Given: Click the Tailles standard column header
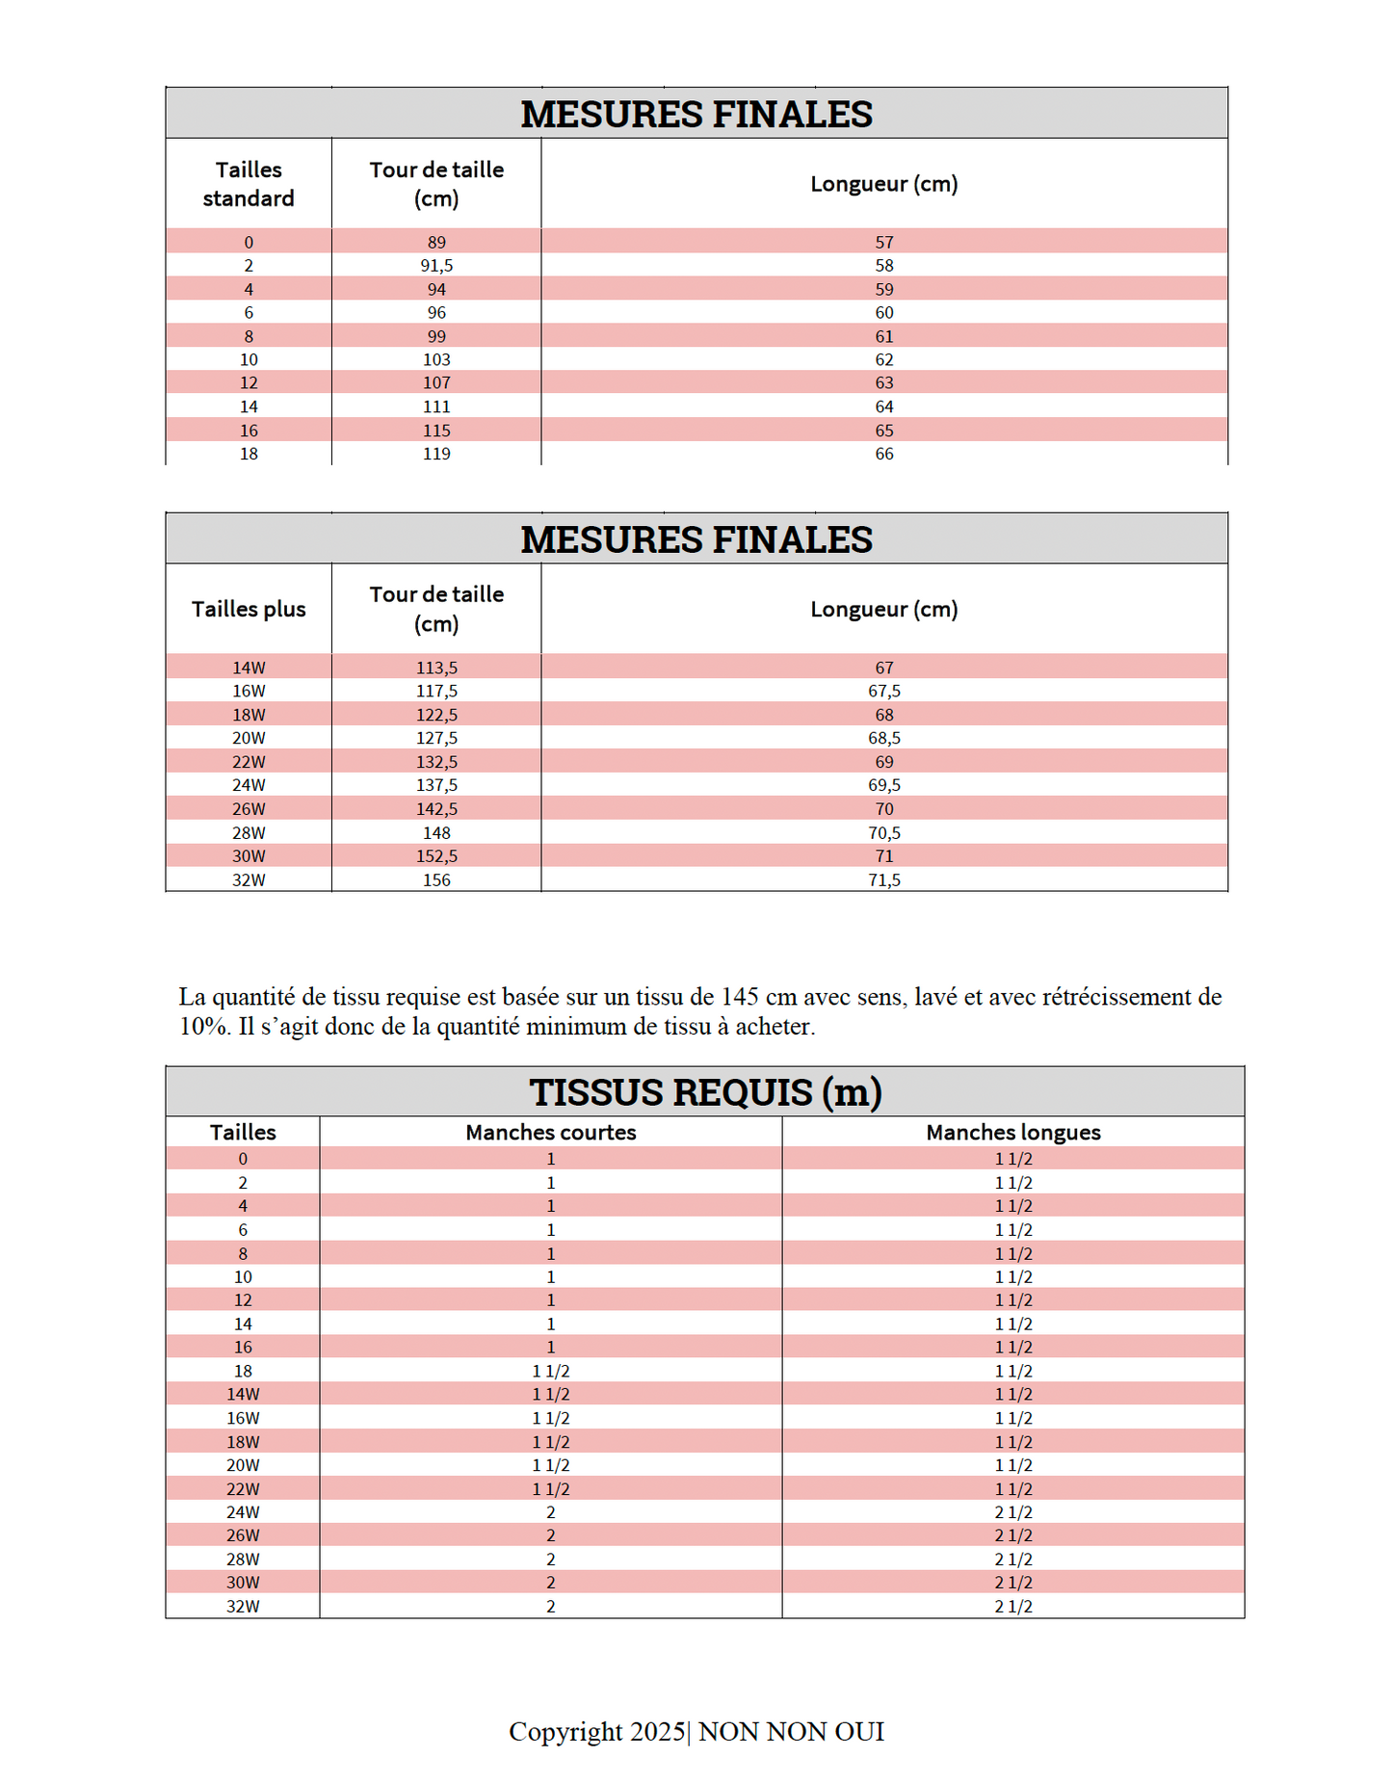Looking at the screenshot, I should click(x=249, y=183).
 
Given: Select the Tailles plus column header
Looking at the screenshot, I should click(x=249, y=609).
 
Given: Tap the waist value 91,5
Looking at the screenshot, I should click(x=436, y=265).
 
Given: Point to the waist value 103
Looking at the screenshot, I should click(x=436, y=359).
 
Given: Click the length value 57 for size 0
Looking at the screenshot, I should click(x=884, y=242).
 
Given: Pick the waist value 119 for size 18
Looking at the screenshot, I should click(x=436, y=454).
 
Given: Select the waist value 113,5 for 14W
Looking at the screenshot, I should click(x=436, y=668).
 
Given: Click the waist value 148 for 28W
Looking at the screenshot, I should click(x=436, y=832).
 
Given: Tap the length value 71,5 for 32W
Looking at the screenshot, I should click(x=884, y=879).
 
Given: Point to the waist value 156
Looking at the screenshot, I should click(x=436, y=879).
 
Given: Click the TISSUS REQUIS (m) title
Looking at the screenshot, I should click(x=705, y=1092).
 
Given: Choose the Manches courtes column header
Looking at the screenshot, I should click(x=551, y=1132).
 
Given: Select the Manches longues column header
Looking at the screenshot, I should click(x=1013, y=1132).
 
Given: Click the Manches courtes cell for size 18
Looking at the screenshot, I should click(x=551, y=1371).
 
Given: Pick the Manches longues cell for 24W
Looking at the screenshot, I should click(x=1013, y=1512).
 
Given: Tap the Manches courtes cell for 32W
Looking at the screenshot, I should click(x=551, y=1606).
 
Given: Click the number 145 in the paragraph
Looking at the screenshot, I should click(x=740, y=997).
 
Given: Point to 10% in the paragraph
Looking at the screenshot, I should click(x=199, y=1027).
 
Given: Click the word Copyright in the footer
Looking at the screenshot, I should click(x=565, y=1731).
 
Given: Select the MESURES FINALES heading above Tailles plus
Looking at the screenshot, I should click(x=696, y=539).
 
